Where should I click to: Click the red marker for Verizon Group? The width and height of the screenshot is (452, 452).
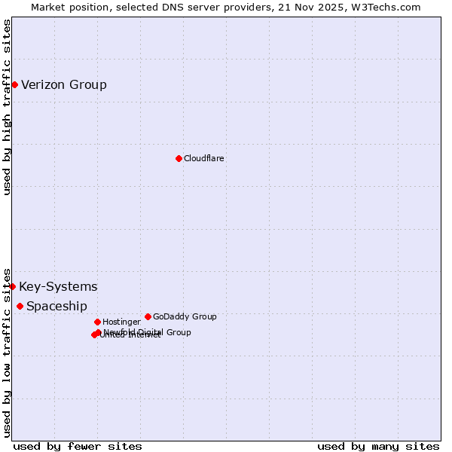tap(14, 84)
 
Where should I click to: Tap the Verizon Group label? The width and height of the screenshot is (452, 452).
tap(64, 84)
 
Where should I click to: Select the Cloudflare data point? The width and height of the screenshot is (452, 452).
tap(179, 158)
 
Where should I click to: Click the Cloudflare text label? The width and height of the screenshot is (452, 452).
tap(204, 158)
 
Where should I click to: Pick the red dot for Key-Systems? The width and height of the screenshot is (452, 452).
tap(12, 286)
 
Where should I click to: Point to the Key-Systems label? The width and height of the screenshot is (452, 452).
tap(58, 286)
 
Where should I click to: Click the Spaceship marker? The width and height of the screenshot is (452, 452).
tap(20, 306)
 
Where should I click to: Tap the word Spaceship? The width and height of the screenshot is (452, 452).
tap(56, 306)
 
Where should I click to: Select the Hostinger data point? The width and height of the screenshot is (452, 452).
tap(97, 322)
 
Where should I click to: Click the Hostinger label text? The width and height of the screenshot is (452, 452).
tap(121, 322)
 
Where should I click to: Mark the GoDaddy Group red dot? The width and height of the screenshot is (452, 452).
tap(148, 316)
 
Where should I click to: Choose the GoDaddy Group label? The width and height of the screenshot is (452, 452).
tap(185, 316)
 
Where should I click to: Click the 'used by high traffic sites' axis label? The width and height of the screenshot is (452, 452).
tap(7, 107)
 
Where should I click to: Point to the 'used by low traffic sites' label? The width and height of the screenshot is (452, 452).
tap(7, 352)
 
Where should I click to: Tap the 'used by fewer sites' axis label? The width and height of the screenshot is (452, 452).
tap(78, 446)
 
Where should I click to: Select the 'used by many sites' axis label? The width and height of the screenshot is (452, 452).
tap(378, 446)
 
